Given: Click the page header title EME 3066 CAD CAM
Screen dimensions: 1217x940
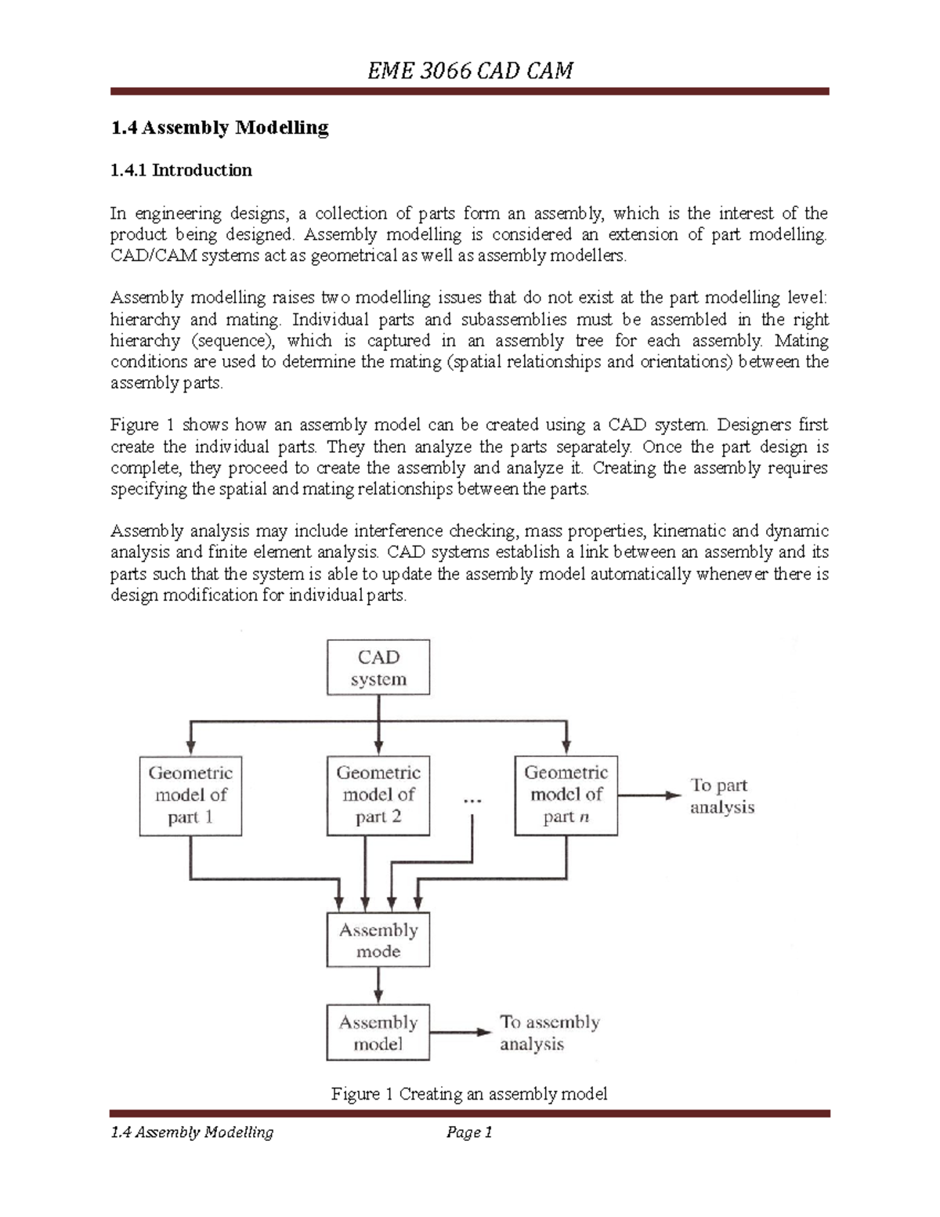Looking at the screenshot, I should [470, 71].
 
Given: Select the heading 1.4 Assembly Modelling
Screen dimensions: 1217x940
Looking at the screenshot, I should [219, 128].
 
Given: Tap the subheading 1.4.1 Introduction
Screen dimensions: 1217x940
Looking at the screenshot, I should [181, 170].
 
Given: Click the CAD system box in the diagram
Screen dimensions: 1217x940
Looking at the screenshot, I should [378, 668].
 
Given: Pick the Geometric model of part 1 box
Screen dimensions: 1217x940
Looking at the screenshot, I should [190, 795].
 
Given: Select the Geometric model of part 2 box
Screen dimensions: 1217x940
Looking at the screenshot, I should [378, 795].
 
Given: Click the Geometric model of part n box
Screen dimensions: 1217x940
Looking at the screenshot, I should [566, 795].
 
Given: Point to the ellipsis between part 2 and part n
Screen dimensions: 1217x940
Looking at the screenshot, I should [472, 801].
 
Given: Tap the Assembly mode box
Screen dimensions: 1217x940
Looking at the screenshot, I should [378, 940].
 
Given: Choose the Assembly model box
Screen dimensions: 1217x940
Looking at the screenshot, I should [378, 1033].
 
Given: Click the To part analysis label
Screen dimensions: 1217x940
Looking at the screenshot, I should [721, 796].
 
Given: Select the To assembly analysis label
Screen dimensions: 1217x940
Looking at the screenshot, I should [549, 1033].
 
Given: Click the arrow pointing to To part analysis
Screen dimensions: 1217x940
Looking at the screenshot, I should [649, 795].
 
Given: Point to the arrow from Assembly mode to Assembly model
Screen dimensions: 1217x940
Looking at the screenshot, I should [378, 985].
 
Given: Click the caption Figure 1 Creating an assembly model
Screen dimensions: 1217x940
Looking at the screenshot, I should [469, 1094].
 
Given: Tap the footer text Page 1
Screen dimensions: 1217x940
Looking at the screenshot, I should [468, 1132].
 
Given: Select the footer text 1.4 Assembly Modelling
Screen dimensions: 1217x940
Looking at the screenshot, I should [192, 1132].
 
